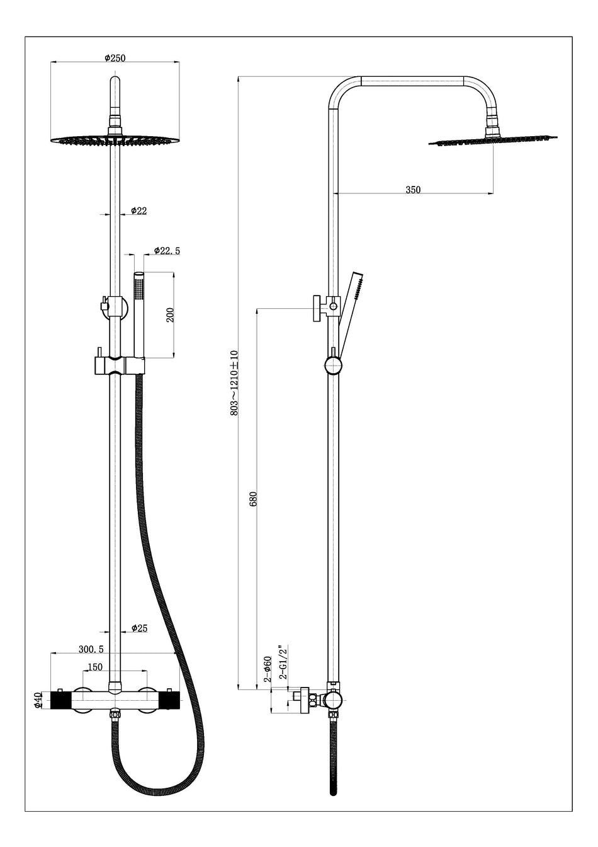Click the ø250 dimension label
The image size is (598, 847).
115,58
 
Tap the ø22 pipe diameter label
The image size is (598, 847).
138,211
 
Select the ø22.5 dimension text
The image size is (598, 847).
167,251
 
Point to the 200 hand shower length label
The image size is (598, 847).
169,315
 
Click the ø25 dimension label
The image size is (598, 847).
139,628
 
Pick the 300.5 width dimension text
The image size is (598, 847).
91,648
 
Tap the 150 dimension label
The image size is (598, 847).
96,667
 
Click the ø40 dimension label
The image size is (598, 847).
38,700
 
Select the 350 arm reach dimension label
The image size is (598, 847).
413,190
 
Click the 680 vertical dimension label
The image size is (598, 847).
253,498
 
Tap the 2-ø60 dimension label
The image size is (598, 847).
268,669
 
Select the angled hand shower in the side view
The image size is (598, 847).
353,299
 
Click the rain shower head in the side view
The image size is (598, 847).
493,140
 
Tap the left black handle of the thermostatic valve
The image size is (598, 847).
60,700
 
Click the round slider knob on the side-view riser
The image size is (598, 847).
333,365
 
